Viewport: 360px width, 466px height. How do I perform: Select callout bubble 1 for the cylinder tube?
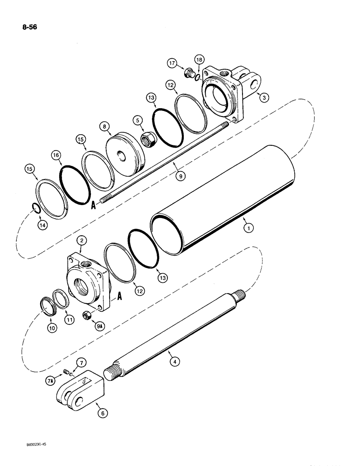click(249, 229)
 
